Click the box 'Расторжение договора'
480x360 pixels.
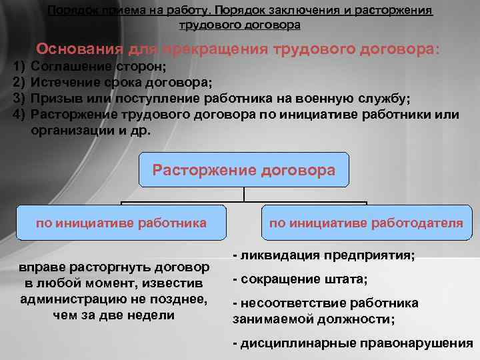[x=244, y=170]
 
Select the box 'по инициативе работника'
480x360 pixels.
[x=121, y=223]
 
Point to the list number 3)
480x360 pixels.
[x=19, y=99]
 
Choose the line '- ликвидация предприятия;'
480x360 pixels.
[x=323, y=256]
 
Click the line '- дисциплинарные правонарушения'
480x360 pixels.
[x=353, y=343]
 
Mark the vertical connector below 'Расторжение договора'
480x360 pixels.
[x=244, y=193]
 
